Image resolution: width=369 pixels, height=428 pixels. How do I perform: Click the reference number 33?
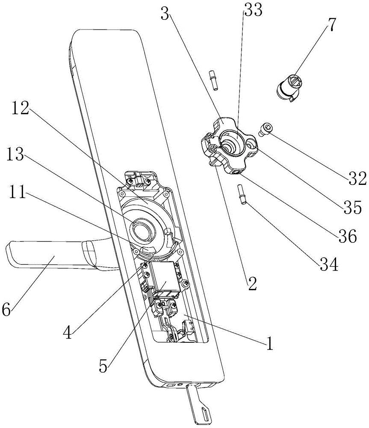(x=253, y=11)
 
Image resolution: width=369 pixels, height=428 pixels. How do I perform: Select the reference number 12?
(x=20, y=108)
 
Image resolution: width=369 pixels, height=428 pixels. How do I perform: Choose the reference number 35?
(x=353, y=207)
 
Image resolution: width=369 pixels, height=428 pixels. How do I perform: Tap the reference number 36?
(x=348, y=236)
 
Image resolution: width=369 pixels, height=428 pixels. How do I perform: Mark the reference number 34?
(x=329, y=264)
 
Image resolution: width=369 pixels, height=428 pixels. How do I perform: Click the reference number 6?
(x=6, y=309)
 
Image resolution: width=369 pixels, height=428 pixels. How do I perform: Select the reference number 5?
(x=103, y=366)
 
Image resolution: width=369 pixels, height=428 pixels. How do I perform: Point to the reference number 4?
(x=68, y=332)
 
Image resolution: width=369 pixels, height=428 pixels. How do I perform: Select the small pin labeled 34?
(x=242, y=194)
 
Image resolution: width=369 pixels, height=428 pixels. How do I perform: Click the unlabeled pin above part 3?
(x=214, y=80)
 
